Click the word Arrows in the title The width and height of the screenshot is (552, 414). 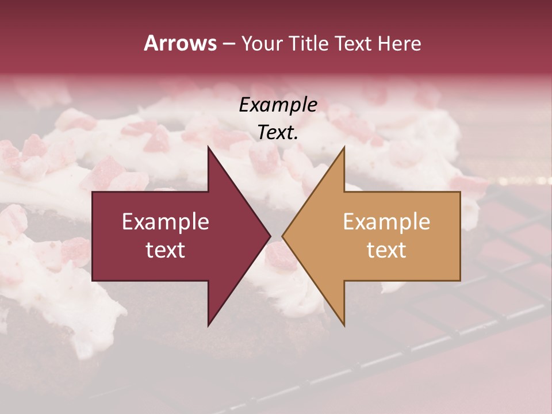[180, 43]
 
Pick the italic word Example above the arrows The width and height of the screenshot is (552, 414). [278, 105]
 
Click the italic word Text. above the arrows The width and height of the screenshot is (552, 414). [278, 133]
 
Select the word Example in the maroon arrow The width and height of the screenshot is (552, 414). [166, 222]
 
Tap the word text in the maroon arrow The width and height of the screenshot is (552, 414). [166, 250]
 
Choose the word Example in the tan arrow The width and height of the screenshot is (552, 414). [386, 222]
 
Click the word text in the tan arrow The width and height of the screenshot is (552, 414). [386, 250]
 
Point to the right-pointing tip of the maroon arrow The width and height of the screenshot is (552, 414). [270, 236]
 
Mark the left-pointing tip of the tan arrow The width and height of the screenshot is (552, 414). [282, 236]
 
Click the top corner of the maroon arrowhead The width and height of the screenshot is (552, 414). [208, 147]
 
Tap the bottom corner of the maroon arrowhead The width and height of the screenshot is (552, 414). [208, 325]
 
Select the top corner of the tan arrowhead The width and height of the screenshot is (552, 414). [344, 147]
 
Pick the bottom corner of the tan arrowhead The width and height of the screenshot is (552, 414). [344, 325]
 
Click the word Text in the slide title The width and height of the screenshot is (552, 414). [352, 43]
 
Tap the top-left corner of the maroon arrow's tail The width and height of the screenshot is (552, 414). [93, 192]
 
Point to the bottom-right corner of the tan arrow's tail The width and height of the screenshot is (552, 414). [460, 280]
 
